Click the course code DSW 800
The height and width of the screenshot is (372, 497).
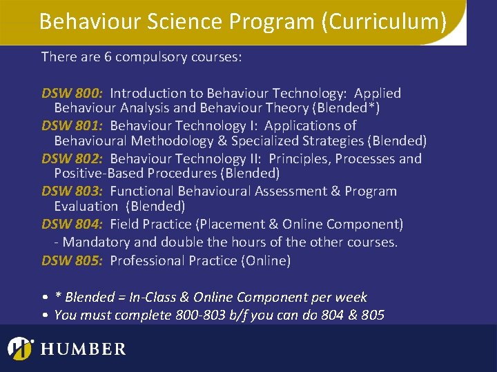click(72, 93)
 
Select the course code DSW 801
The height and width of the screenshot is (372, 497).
click(72, 125)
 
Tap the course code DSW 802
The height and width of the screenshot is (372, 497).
click(72, 158)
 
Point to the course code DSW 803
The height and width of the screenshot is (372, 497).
click(72, 191)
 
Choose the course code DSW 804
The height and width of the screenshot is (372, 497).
click(72, 224)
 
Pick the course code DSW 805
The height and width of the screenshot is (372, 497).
click(72, 260)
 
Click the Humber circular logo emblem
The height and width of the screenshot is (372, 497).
click(21, 348)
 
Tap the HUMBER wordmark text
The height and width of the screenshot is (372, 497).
click(84, 349)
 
